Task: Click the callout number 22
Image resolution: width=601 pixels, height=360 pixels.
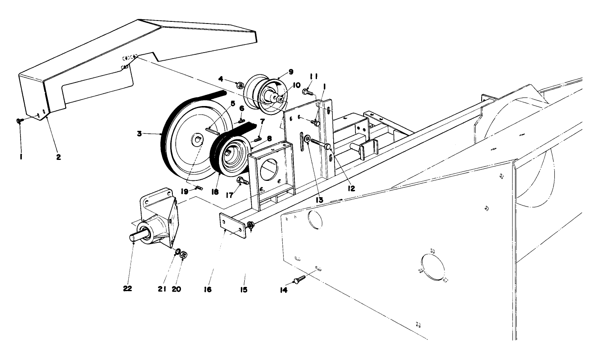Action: [127, 288]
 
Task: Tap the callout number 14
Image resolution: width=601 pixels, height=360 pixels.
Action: [284, 290]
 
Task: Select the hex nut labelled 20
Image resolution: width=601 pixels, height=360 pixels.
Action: [184, 255]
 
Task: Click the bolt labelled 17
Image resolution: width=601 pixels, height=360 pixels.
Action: [242, 181]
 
